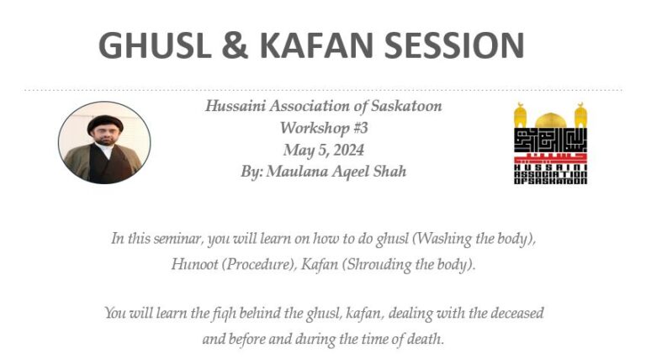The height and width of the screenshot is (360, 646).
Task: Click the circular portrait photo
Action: point(104,143)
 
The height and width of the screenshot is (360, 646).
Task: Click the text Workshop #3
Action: point(323,129)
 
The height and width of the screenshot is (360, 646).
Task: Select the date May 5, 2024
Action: point(323,150)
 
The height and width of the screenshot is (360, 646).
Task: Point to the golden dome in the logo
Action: point(550,118)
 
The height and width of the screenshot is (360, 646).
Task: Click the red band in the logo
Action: point(550,157)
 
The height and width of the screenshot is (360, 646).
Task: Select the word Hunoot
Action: point(193,262)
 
